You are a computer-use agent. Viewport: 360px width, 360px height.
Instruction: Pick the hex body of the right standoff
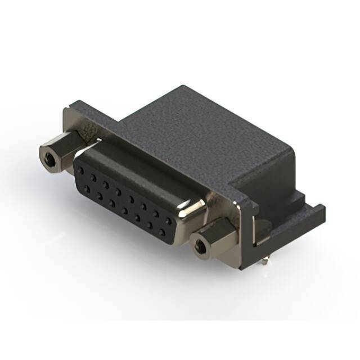click(217, 236)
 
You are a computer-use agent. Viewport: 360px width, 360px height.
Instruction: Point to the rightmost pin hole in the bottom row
click(162, 231)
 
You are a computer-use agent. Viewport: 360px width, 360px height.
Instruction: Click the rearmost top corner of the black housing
click(181, 88)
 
